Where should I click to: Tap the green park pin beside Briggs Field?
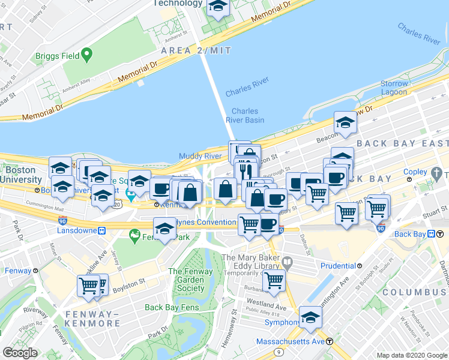pyautogui.click(x=87, y=55)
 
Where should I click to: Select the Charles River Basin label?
pyautogui.click(x=245, y=115)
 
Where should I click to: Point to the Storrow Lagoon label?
pyautogui.click(x=394, y=88)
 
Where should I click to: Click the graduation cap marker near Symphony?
pyautogui.click(x=310, y=317)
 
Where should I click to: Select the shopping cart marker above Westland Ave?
pyautogui.click(x=274, y=280)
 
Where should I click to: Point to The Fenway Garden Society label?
pyautogui.click(x=191, y=280)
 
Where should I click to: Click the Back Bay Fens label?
pyautogui.click(x=171, y=308)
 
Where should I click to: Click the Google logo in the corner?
pyautogui.click(x=20, y=353)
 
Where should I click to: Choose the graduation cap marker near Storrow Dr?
pyautogui.click(x=345, y=123)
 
